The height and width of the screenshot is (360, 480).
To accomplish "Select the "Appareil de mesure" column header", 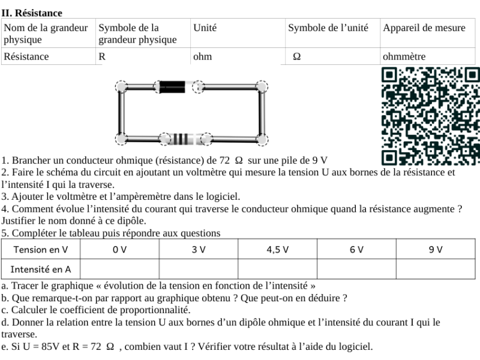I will pyautogui.click(x=424, y=28).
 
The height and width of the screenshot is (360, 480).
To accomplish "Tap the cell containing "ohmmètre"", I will pyautogui.click(x=404, y=57).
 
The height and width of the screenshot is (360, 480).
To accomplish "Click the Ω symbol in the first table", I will pyautogui.click(x=296, y=57).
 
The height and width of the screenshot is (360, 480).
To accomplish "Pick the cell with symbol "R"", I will pyautogui.click(x=102, y=57).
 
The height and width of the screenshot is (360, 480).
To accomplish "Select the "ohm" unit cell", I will pyautogui.click(x=202, y=57).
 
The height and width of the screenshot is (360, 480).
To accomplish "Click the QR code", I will pyautogui.click(x=430, y=116).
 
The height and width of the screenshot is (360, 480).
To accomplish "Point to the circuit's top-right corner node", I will pyautogui.click(x=262, y=86).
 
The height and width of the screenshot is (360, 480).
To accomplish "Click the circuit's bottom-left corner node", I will pyautogui.click(x=121, y=139).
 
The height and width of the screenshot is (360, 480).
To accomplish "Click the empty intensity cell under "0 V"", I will pyautogui.click(x=119, y=269).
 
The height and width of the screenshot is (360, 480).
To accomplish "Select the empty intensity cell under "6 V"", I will pyautogui.click(x=356, y=269).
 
